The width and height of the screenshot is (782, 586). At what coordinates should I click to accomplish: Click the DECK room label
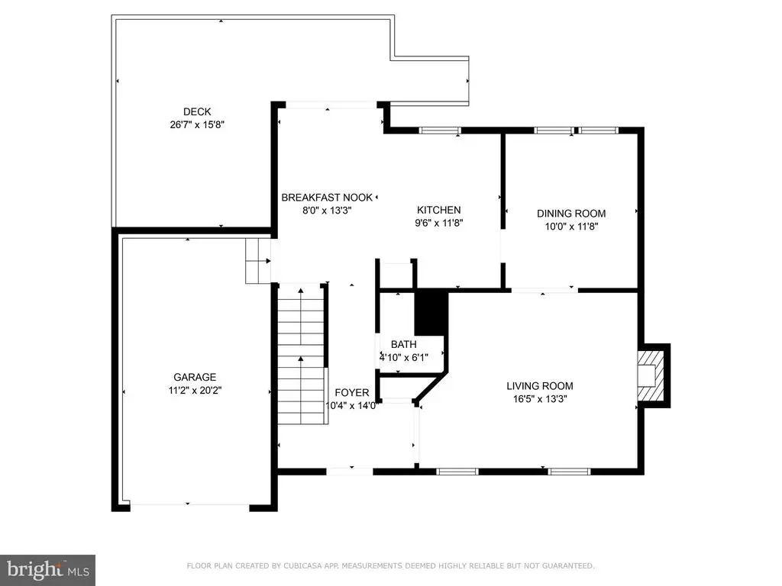click(197, 111)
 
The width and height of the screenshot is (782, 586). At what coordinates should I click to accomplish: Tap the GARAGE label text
click(195, 377)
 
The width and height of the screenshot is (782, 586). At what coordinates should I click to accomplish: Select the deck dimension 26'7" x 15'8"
click(197, 124)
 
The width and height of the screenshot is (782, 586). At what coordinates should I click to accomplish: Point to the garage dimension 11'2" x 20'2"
click(195, 390)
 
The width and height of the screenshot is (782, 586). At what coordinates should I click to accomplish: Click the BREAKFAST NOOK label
click(327, 198)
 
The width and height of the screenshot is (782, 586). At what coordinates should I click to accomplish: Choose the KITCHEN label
click(439, 210)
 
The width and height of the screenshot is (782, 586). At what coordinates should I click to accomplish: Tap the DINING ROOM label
click(571, 214)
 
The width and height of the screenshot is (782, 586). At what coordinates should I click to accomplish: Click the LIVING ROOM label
click(540, 385)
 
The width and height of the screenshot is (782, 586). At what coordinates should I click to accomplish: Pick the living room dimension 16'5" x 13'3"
click(540, 398)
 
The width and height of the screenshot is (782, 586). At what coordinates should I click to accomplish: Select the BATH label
click(403, 344)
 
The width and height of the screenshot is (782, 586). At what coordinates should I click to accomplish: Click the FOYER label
click(351, 393)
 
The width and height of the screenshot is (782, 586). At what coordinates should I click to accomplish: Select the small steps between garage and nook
click(258, 261)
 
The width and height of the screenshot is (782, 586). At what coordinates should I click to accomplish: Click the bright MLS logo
click(47, 570)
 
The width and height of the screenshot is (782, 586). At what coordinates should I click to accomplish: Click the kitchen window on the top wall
click(439, 130)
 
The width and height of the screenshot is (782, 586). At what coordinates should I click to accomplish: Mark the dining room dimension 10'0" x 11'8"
click(571, 226)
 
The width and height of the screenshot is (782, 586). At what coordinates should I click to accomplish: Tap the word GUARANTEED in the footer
click(567, 565)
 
